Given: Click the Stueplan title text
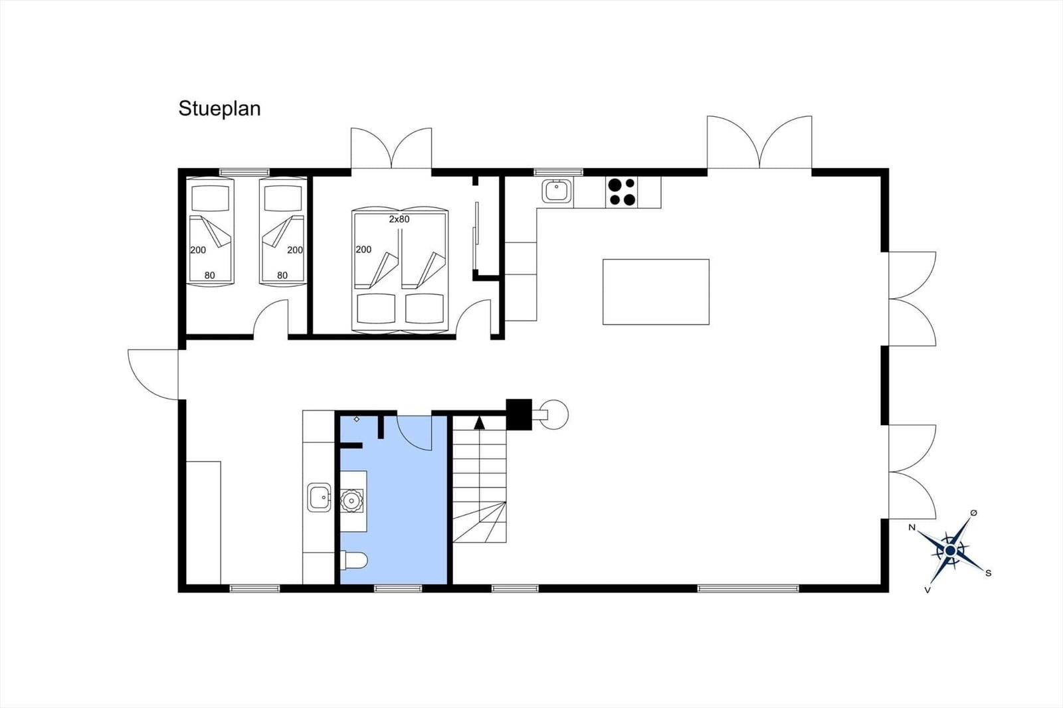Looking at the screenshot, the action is (x=219, y=109).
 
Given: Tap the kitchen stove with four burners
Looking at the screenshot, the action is (x=622, y=192).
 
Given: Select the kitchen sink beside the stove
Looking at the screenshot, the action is (x=557, y=191).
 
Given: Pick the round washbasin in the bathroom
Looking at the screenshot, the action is (x=351, y=501).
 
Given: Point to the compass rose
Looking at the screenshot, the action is (x=950, y=551).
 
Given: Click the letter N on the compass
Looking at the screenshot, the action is (x=912, y=527).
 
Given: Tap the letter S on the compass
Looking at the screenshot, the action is (x=989, y=573).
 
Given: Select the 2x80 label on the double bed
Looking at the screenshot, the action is (x=399, y=219).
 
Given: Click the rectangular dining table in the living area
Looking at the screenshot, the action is (x=656, y=292).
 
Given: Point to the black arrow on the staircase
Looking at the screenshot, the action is (x=479, y=422).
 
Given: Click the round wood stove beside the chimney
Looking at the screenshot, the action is (x=554, y=414).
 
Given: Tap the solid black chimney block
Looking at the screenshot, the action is (x=519, y=414).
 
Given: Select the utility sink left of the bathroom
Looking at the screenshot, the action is (x=319, y=497).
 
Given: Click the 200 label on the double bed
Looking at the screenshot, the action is (x=363, y=250).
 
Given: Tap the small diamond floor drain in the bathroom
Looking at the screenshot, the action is (x=356, y=419).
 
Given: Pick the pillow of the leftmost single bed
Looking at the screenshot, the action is (x=210, y=198).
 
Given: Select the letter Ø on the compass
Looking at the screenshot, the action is (x=974, y=513).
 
